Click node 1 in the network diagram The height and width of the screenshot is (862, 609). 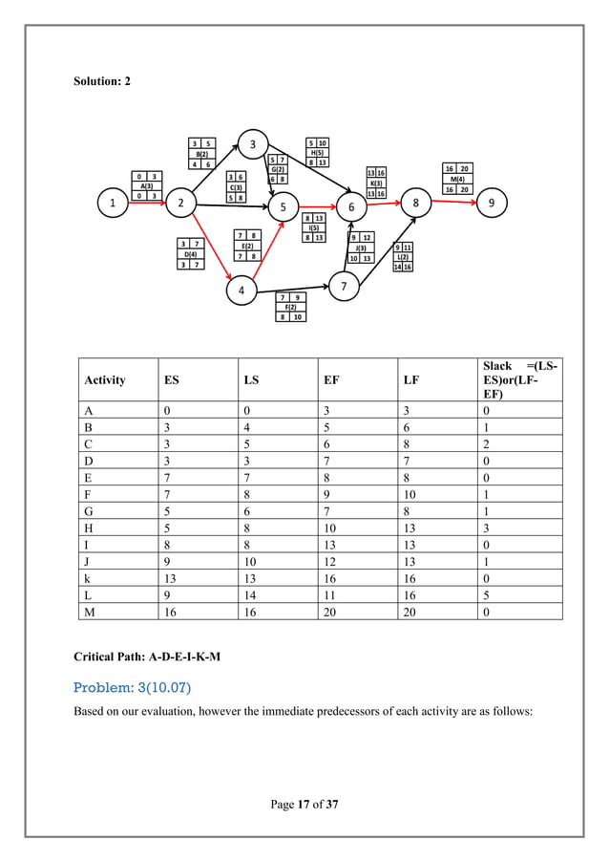[113, 204]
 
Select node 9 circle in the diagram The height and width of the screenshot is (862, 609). [491, 204]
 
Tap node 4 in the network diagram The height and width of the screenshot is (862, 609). [241, 290]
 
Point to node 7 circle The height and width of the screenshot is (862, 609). [344, 285]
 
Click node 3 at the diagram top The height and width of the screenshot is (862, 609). [253, 144]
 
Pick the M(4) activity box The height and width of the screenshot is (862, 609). [458, 179]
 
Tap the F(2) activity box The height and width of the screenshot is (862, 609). [290, 307]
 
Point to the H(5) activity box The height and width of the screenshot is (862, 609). [317, 152]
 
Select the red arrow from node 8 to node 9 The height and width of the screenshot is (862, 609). [454, 204]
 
